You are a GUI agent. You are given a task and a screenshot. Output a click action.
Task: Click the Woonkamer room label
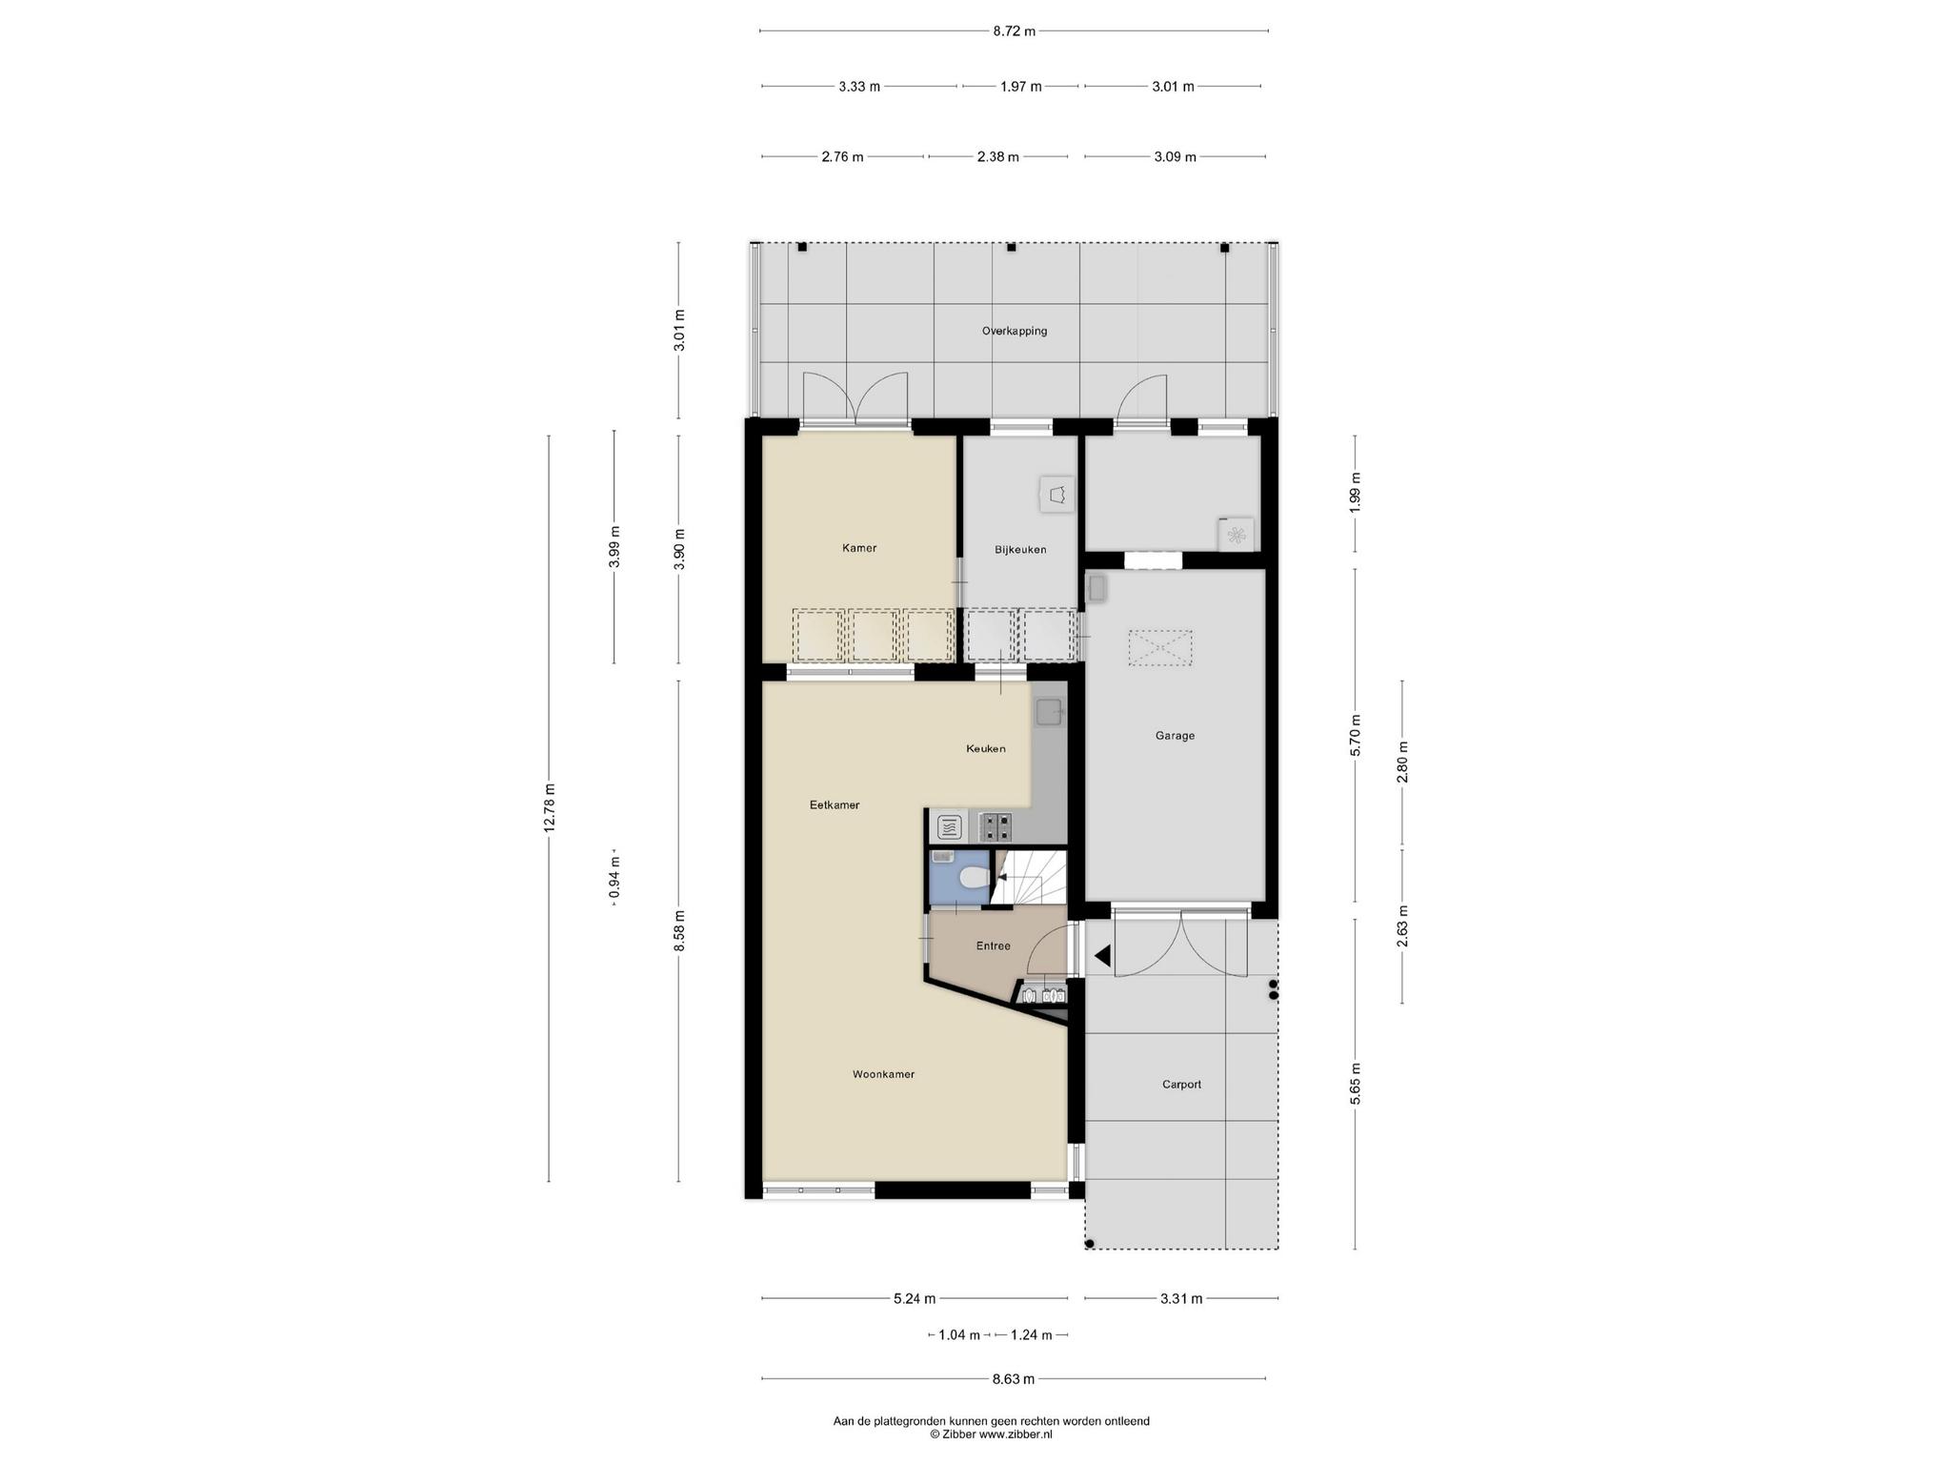pyautogui.click(x=883, y=1074)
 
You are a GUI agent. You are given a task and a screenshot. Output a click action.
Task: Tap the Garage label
pyautogui.click(x=1175, y=736)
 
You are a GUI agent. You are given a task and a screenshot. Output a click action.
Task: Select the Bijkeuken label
pyautogui.click(x=1020, y=550)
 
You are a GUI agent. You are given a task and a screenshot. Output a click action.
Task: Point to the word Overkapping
pyautogui.click(x=1015, y=332)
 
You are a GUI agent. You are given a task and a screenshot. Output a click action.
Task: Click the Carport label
pyautogui.click(x=1181, y=1085)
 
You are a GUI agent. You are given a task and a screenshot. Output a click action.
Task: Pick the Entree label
pyautogui.click(x=993, y=946)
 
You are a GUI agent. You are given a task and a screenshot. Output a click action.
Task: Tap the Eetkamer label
pyautogui.click(x=835, y=805)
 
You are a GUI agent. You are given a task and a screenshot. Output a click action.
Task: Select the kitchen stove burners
pyautogui.click(x=995, y=825)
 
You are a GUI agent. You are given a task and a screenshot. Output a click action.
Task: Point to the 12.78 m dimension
pyautogui.click(x=549, y=807)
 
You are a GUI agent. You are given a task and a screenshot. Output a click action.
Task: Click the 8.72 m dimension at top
pyautogui.click(x=1014, y=31)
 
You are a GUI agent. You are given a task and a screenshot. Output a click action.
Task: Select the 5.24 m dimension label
pyautogui.click(x=915, y=1298)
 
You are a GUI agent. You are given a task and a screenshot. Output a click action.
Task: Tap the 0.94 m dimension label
pyautogui.click(x=614, y=877)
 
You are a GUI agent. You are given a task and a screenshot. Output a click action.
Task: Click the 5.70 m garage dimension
pyautogui.click(x=1356, y=735)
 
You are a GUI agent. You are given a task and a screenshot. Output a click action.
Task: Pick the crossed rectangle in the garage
pyautogui.click(x=1160, y=648)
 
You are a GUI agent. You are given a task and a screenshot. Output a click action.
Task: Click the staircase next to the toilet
pyautogui.click(x=1029, y=877)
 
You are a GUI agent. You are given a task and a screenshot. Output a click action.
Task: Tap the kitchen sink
pyautogui.click(x=1049, y=710)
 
